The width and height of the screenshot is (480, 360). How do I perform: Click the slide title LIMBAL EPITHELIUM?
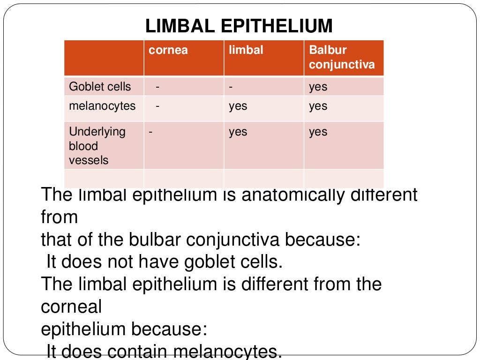pyautogui.click(x=239, y=26)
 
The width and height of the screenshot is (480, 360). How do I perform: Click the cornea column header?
pyautogui.click(x=168, y=50)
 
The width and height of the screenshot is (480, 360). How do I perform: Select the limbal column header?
pyautogui.click(x=246, y=50)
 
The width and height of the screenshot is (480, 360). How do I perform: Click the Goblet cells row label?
pyautogui.click(x=100, y=87)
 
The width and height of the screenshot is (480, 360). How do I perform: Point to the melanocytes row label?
pyautogui.click(x=102, y=106)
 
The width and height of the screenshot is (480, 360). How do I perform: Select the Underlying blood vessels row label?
pyautogui.click(x=97, y=146)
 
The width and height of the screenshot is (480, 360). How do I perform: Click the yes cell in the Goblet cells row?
pyautogui.click(x=318, y=87)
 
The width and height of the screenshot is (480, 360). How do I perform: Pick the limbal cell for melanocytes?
pyautogui.click(x=238, y=106)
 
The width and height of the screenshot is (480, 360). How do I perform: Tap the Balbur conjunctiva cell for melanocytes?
pyautogui.click(x=318, y=106)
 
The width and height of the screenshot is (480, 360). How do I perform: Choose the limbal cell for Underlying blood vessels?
pyautogui.click(x=238, y=132)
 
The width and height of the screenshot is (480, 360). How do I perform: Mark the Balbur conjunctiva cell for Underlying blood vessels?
pyautogui.click(x=318, y=132)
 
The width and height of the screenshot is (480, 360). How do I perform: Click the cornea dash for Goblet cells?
pyautogui.click(x=158, y=87)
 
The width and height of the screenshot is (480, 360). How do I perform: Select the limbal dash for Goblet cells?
pyautogui.click(x=231, y=87)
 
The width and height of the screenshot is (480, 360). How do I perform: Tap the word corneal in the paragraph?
pyautogui.click(x=71, y=307)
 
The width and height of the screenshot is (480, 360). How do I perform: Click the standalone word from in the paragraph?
pyautogui.click(x=59, y=217)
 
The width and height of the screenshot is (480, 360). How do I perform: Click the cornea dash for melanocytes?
pyautogui.click(x=158, y=106)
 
